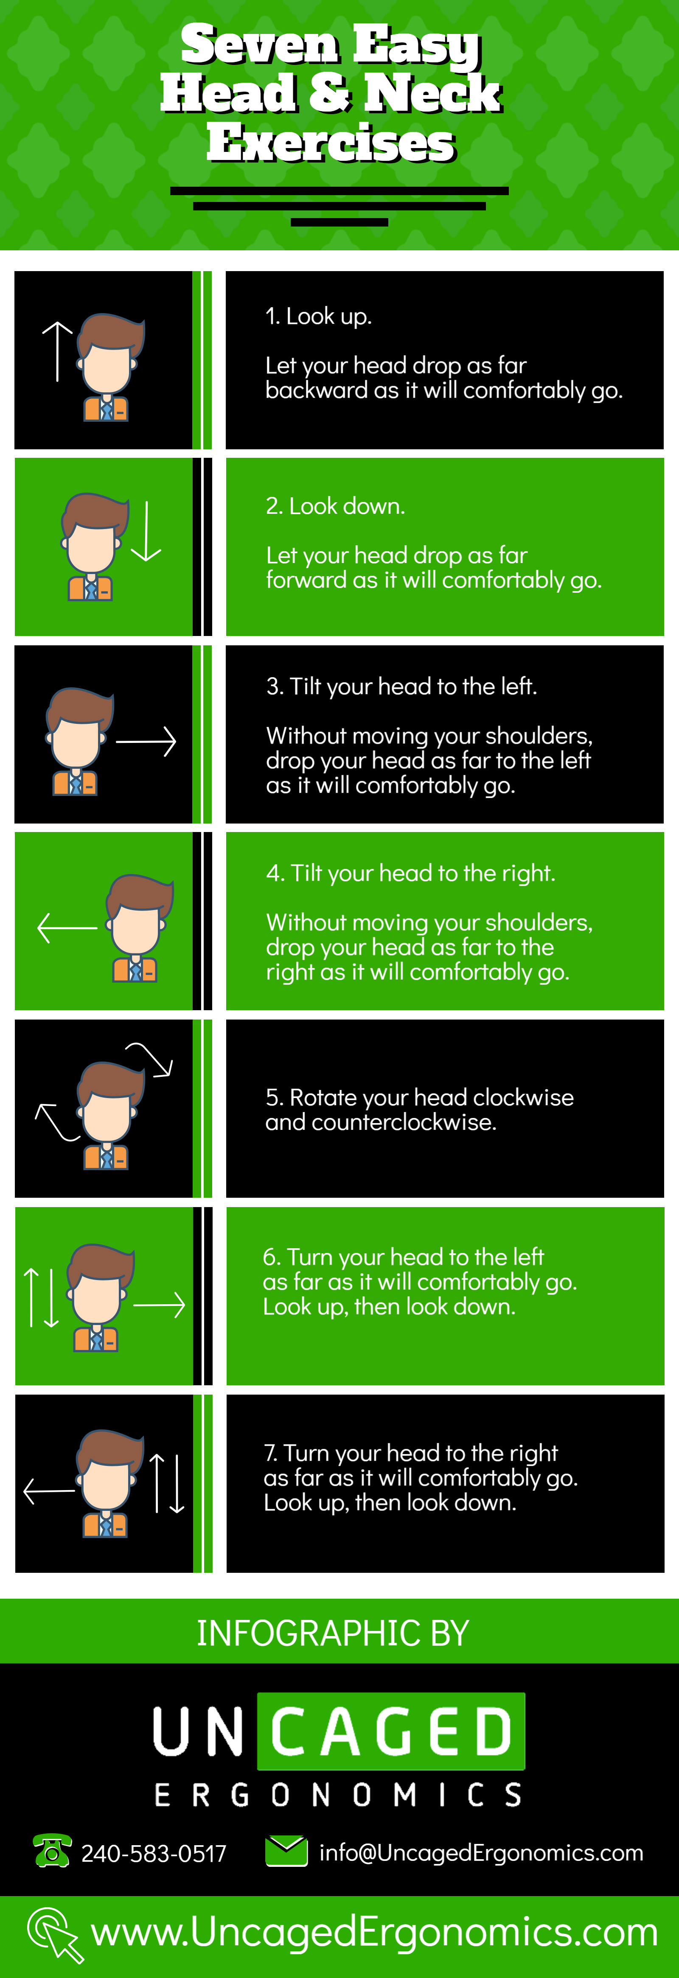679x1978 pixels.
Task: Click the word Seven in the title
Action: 259,45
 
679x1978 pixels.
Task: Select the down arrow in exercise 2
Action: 146,531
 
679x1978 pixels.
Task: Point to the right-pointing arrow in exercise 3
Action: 146,742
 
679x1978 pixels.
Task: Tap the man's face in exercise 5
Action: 107,1113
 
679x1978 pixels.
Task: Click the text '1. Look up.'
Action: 318,317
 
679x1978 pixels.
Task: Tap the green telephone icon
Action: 52,1851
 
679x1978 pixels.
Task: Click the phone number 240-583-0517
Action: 154,1854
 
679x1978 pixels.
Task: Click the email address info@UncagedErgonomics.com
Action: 481,1853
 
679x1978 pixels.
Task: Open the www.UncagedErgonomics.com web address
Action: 374,1932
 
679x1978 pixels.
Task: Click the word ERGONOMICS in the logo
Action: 338,1795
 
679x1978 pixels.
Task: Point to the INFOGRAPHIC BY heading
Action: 333,1633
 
